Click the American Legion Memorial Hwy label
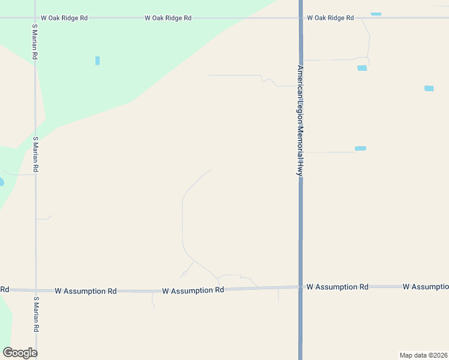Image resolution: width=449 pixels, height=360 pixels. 298,120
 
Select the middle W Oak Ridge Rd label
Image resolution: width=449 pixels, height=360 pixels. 168,18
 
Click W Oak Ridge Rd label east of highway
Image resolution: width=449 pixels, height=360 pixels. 330,18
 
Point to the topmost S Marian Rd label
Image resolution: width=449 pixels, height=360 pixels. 35,41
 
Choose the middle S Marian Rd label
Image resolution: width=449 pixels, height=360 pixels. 35,155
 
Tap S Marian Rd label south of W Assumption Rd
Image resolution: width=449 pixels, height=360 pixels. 35,315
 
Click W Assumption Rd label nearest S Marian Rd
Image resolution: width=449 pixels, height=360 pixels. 85,291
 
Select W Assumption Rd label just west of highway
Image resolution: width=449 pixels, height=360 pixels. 193,290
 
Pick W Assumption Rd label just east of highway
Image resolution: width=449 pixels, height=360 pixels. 337,287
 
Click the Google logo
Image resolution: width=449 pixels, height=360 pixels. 20,353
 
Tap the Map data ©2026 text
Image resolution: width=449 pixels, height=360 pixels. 423,355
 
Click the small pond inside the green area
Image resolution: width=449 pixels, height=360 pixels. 97,61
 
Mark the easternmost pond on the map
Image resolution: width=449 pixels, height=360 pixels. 429,88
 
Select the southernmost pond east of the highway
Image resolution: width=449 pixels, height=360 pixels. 360,148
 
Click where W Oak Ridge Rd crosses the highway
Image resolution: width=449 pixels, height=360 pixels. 300,18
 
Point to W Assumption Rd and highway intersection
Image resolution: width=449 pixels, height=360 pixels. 300,287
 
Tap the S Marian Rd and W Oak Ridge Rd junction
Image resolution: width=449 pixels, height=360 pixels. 35,18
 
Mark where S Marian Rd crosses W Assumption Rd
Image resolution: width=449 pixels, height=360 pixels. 35,290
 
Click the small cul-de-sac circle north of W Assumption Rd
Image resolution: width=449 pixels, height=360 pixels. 184,274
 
